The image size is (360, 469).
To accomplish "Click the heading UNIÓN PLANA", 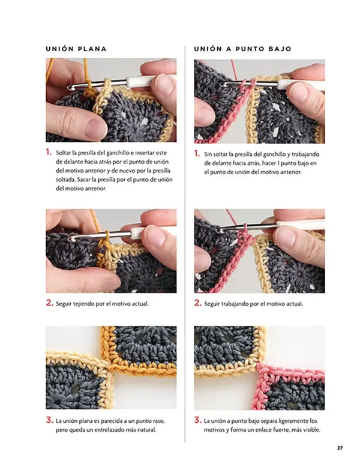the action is tap(76, 49).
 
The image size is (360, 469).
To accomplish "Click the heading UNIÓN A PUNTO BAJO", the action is tap(242, 49).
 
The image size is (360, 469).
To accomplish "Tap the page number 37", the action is tap(340, 448).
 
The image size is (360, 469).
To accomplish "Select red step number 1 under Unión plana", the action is tap(49, 152).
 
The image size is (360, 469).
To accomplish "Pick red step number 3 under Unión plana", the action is tap(49, 420).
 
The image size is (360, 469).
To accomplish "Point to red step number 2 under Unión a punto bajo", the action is tap(197, 303).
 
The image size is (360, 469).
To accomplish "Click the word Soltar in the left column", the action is tap(62, 153).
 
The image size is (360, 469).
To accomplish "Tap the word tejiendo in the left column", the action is tap(84, 304).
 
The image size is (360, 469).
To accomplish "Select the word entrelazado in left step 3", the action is tap(108, 430).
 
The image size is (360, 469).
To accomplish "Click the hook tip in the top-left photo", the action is tap(71, 87).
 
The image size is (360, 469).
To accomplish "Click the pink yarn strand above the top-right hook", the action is tap(235, 70).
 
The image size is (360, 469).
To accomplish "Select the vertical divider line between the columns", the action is tap(185, 244).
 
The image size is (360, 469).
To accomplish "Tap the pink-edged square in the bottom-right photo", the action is tap(290, 387).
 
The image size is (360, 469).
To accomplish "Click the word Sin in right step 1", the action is tap(208, 155).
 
